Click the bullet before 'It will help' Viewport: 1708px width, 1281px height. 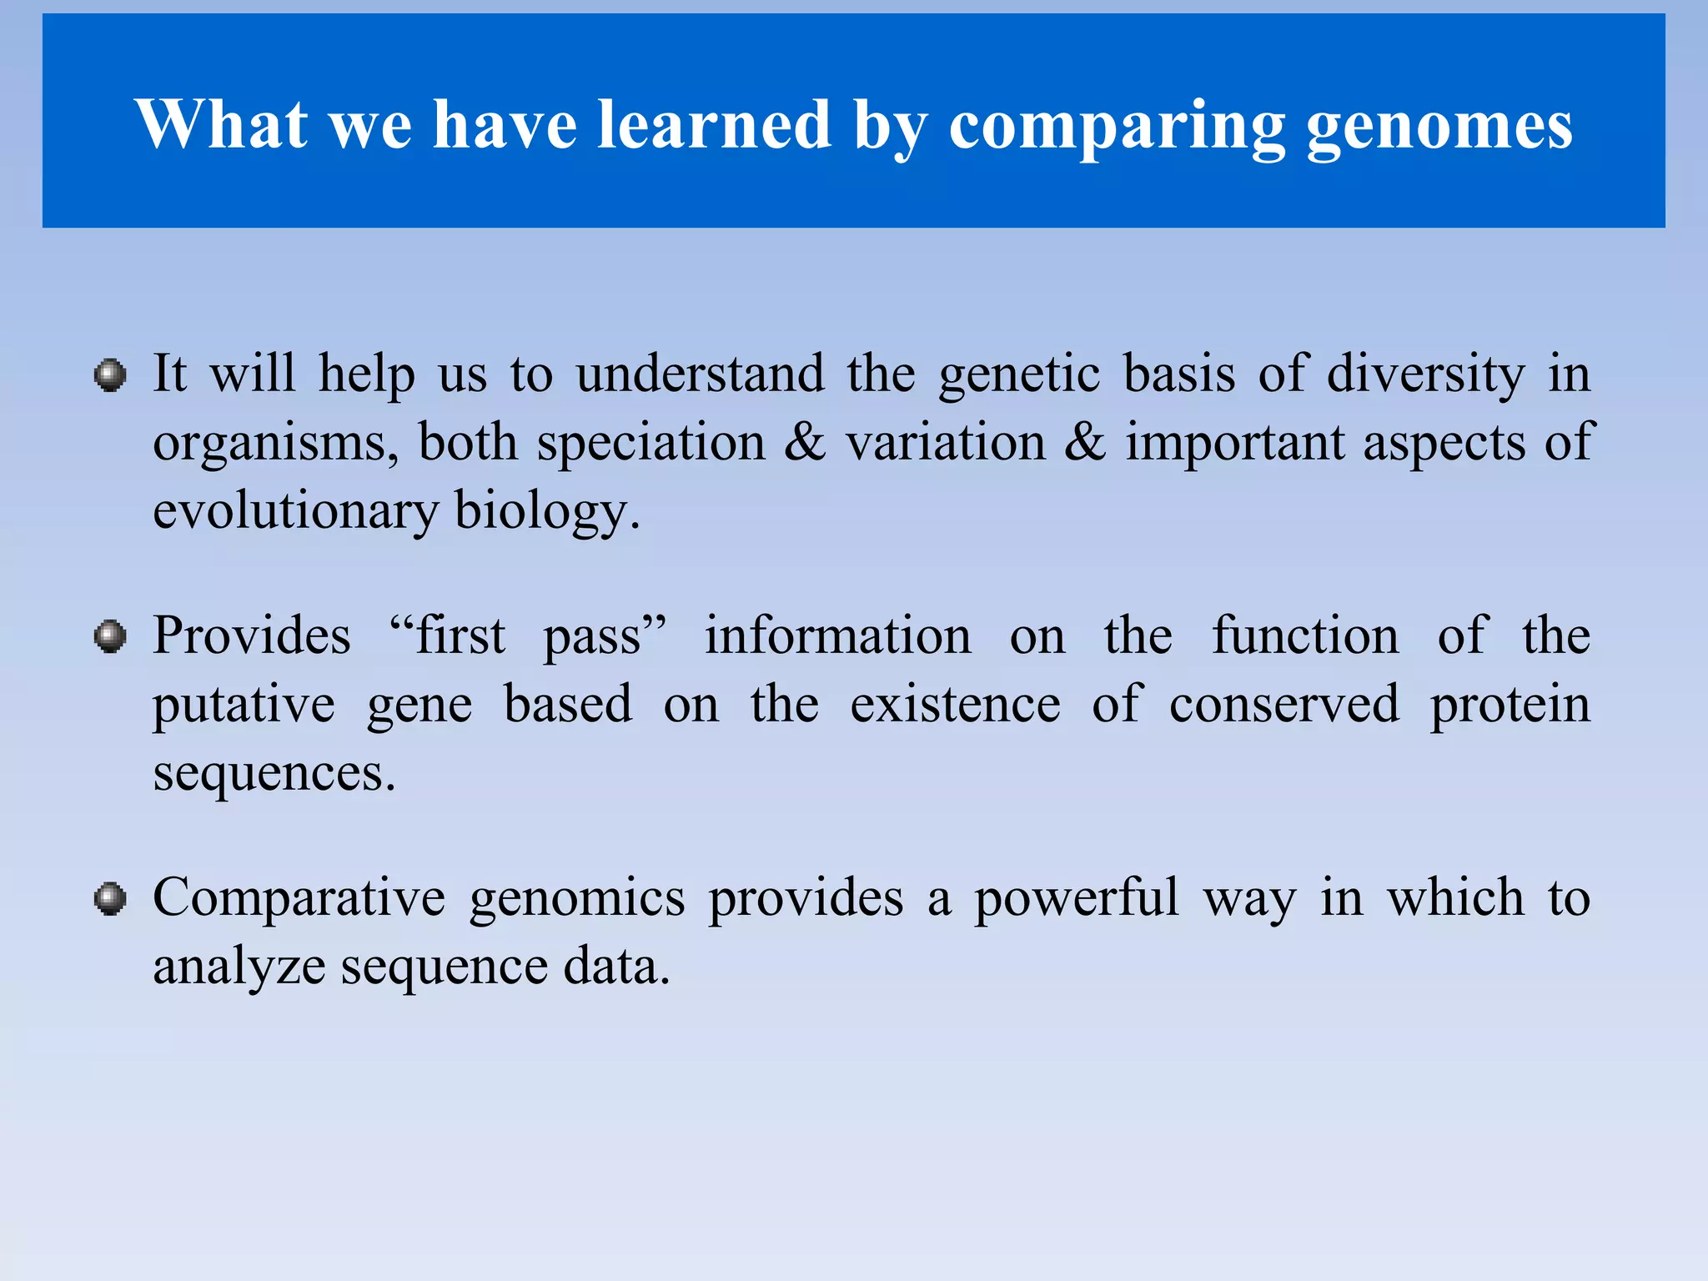coord(110,375)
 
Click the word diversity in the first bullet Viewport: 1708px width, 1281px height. coord(1424,374)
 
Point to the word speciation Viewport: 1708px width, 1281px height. coord(651,442)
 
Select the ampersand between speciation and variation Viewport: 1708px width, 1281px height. coord(805,442)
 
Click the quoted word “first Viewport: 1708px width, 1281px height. coord(447,635)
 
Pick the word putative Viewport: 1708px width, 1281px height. coord(244,705)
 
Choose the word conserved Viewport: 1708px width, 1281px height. coord(1284,705)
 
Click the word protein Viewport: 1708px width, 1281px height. coord(1510,705)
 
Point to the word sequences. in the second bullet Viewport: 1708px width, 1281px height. coord(274,773)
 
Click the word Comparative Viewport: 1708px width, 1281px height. coord(299,898)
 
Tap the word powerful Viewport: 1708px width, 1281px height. coord(1076,898)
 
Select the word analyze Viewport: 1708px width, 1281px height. coord(239,967)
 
